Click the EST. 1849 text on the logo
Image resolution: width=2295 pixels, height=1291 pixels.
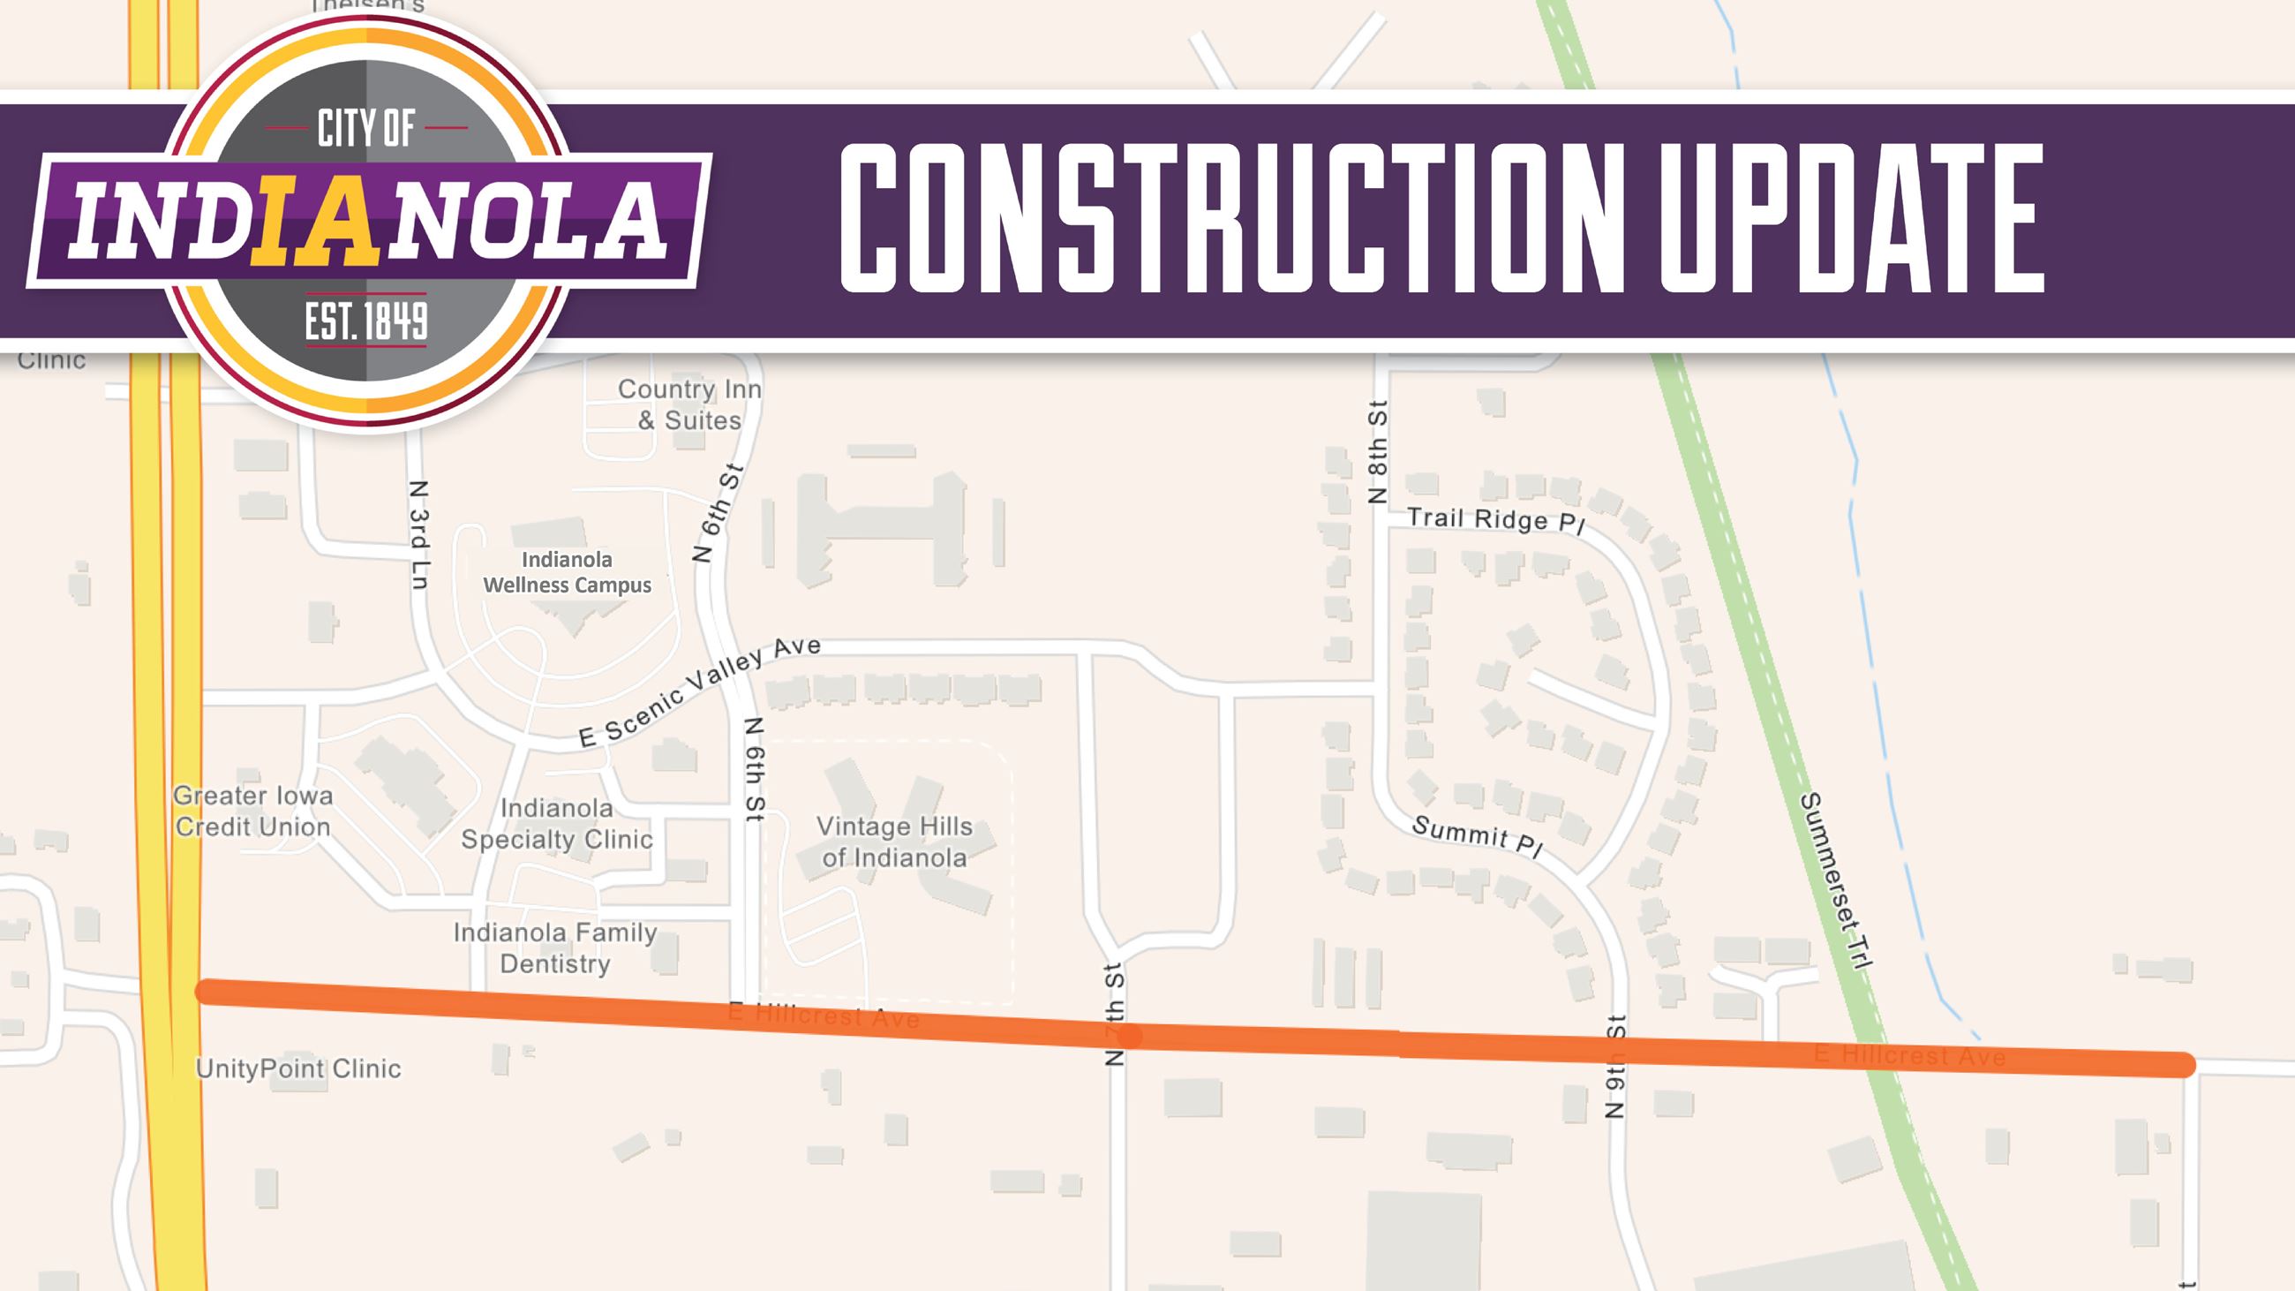[366, 321]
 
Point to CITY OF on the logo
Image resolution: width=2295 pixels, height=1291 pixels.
[366, 129]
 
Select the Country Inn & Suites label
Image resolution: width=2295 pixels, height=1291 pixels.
[689, 404]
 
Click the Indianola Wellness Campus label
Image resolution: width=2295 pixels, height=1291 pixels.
[567, 572]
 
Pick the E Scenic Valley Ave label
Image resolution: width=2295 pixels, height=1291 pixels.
[699, 691]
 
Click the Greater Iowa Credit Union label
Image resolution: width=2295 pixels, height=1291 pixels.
[253, 811]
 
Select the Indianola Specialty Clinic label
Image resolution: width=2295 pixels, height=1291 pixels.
[557, 823]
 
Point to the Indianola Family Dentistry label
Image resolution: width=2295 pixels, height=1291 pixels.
[555, 948]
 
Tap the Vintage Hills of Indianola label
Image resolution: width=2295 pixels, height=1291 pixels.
[894, 842]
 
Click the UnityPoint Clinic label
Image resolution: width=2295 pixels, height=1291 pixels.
[298, 1068]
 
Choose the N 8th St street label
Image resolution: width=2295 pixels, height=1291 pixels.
[1377, 452]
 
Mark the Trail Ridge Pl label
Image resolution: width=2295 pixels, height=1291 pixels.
[1496, 521]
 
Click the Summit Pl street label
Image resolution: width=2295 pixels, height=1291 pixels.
[1477, 836]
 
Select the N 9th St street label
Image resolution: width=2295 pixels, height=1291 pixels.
[1615, 1067]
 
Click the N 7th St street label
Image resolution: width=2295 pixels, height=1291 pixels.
[1115, 1015]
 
